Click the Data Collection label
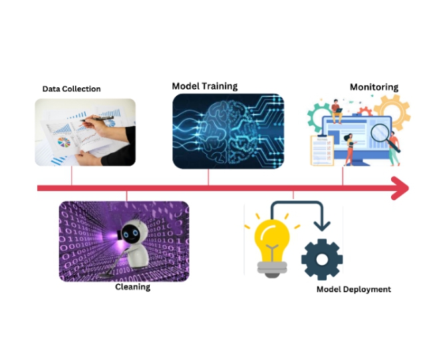click(x=71, y=89)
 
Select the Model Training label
click(x=204, y=86)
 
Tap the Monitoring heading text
click(x=374, y=87)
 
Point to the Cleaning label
click(x=132, y=287)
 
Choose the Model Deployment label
click(x=353, y=289)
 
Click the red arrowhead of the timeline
click(x=399, y=188)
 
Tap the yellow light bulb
click(x=272, y=244)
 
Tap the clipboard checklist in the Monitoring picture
click(x=322, y=150)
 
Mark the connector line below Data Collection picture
click(x=71, y=176)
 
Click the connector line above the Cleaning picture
click(x=126, y=195)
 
